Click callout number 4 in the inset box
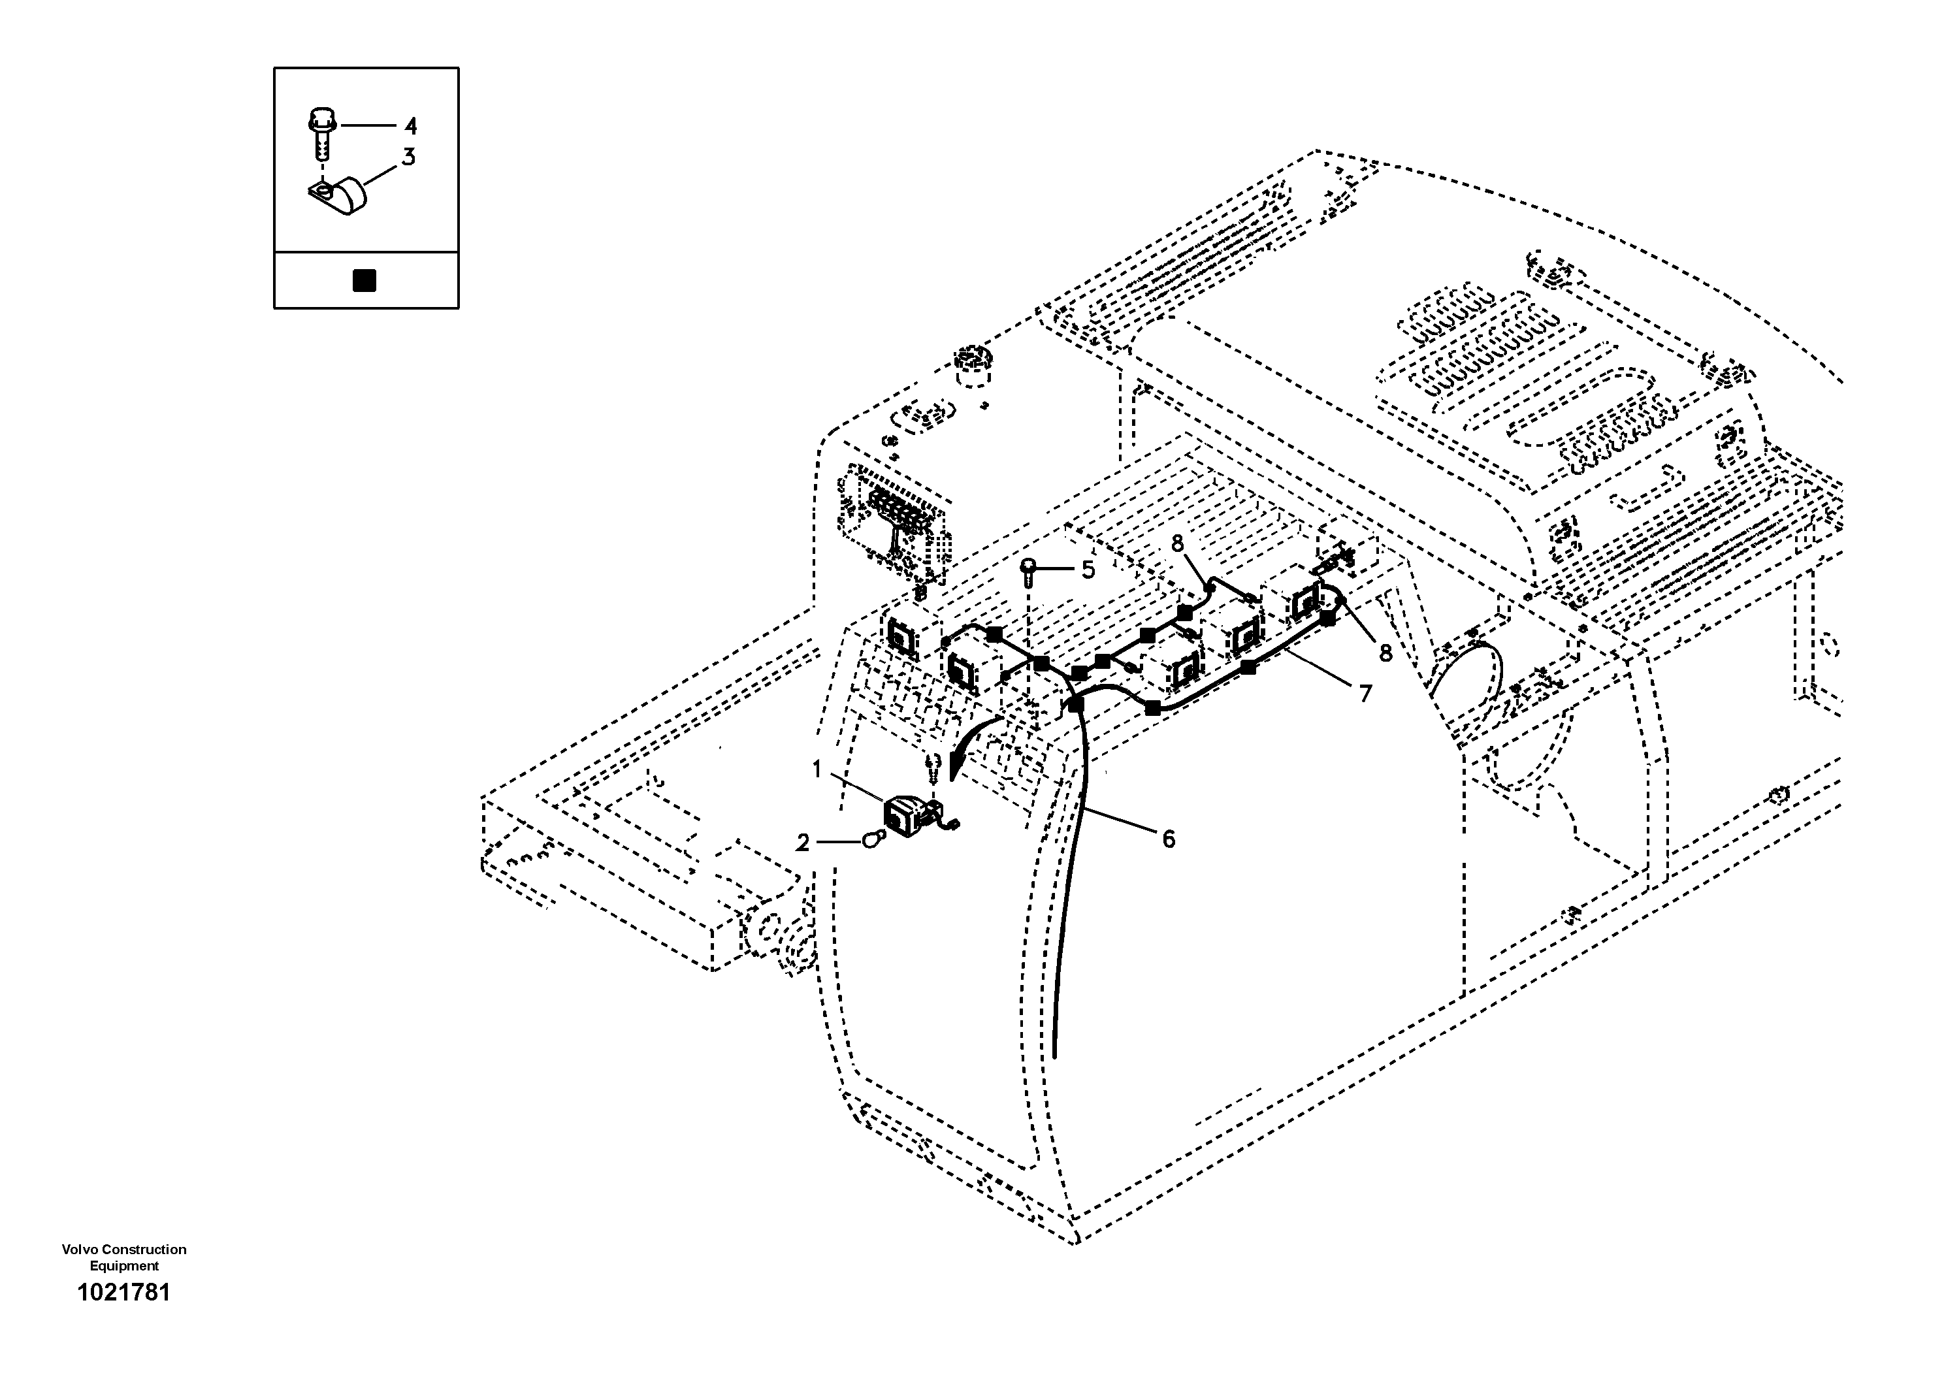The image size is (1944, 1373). (x=411, y=127)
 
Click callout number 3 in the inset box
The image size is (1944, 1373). (x=409, y=157)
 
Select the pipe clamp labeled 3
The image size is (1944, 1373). (x=340, y=197)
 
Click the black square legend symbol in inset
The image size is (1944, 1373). (x=364, y=280)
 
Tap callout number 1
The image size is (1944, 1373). (x=817, y=769)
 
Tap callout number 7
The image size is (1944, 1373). (x=1365, y=694)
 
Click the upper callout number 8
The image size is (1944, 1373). (x=1178, y=544)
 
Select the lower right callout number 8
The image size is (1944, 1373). (x=1385, y=653)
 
